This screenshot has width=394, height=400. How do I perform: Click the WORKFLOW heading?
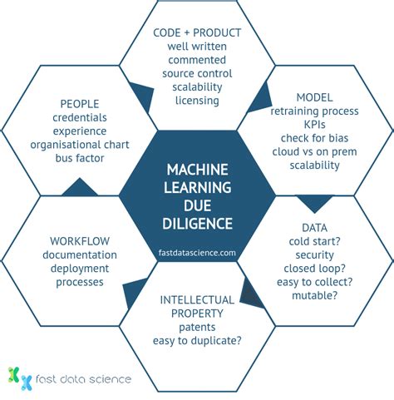click(73, 241)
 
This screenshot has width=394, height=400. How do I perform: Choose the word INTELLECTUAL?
click(197, 299)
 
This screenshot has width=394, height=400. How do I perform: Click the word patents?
click(197, 326)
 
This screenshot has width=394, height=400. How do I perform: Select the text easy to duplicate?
click(197, 339)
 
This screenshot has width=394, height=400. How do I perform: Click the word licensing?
click(197, 101)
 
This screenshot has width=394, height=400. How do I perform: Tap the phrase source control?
click(197, 73)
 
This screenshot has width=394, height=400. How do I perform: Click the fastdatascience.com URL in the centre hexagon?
click(197, 252)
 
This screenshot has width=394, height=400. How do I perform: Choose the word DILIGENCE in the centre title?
click(197, 223)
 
